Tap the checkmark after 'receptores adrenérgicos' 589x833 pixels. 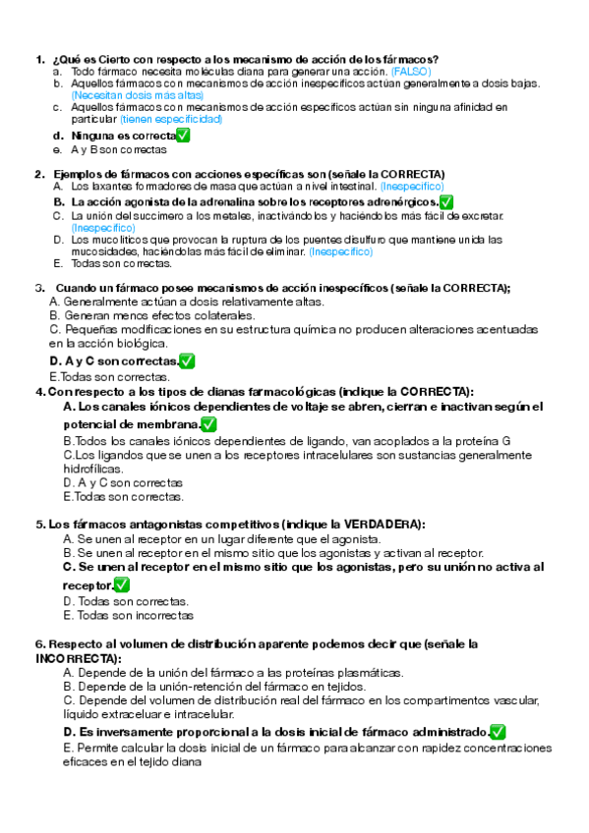coord(446,201)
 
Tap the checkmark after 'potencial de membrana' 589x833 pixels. coord(208,424)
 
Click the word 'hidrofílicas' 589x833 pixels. coord(92,470)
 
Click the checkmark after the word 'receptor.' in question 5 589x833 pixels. coord(122,584)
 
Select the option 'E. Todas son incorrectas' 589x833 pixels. coord(128,615)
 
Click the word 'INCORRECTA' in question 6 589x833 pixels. coord(75,657)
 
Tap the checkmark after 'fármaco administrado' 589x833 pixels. coord(498,732)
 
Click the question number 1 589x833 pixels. coord(39,59)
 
